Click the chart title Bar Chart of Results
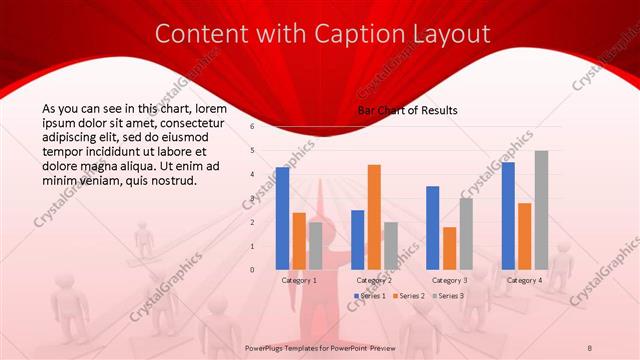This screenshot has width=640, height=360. click(x=409, y=110)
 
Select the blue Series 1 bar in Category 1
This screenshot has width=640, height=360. click(x=283, y=218)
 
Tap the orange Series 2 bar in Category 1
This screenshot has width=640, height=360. click(x=299, y=241)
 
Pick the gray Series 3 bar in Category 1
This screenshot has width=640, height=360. click(x=315, y=245)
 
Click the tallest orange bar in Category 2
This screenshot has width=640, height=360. click(x=374, y=217)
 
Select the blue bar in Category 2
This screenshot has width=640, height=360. click(x=358, y=239)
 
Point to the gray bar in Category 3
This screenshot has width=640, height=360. click(x=466, y=233)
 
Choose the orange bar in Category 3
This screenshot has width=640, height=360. click(x=449, y=248)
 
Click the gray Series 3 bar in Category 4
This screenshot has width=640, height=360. click(x=541, y=210)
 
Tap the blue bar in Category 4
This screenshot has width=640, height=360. click(x=508, y=215)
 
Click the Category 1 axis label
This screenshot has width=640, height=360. click(x=299, y=280)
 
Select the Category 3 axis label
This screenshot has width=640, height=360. click(x=449, y=280)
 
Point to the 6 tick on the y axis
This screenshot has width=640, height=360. click(x=253, y=127)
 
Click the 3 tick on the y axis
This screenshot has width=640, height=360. click(x=253, y=198)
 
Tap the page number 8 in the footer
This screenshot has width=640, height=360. click(x=590, y=347)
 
